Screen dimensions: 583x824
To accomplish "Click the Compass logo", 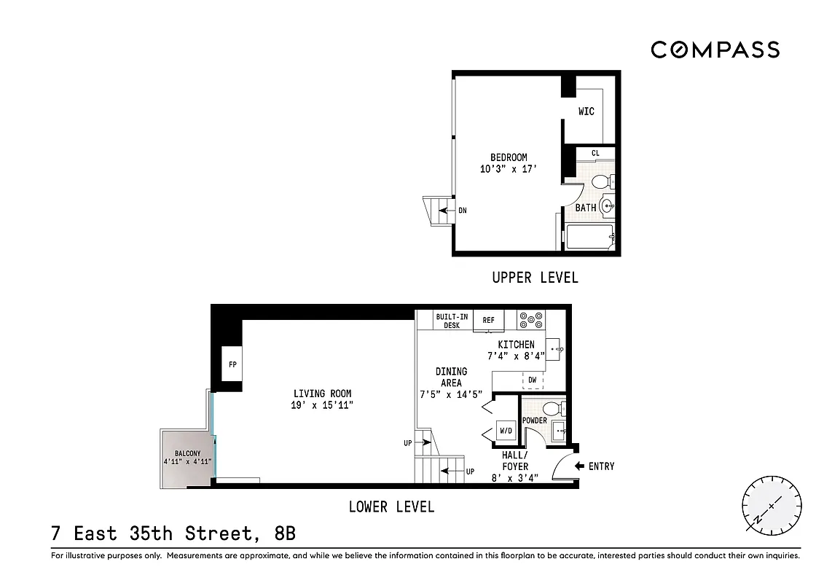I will [x=715, y=50].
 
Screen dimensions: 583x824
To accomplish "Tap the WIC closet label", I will [x=586, y=111].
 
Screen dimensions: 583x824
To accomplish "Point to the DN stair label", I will [x=462, y=211].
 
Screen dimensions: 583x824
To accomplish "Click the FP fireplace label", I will [x=232, y=365].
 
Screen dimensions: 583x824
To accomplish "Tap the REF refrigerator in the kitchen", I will [x=488, y=320].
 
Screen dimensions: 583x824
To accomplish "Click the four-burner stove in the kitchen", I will [x=531, y=319].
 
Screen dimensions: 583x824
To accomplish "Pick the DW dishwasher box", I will [x=533, y=380].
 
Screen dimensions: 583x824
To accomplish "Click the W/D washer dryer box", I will [x=505, y=431].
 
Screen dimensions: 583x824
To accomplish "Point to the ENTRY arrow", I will [x=580, y=466].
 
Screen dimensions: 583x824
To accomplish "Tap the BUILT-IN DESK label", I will [x=452, y=321].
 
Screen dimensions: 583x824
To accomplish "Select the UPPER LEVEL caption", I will [x=535, y=278].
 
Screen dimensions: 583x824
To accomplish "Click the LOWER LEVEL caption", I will [x=391, y=507].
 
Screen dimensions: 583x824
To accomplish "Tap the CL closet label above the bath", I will [x=595, y=153].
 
